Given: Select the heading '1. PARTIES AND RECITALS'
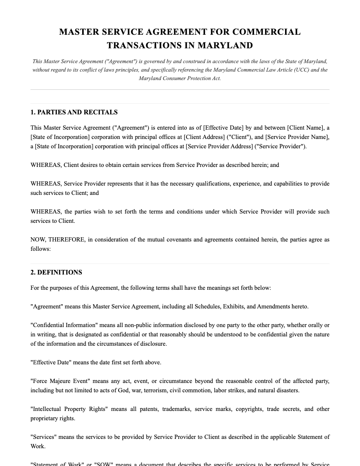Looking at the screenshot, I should (74, 112).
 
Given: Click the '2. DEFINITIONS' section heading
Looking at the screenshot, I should (56, 272).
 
